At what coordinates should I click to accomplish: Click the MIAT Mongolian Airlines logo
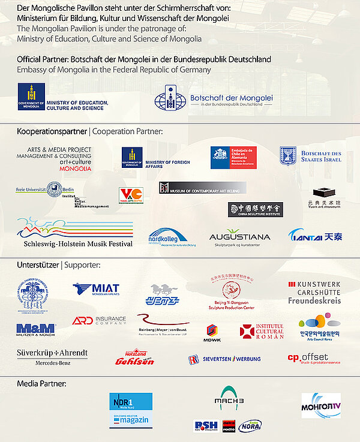pos(96,290)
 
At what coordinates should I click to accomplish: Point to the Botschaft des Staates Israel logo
pos(310,157)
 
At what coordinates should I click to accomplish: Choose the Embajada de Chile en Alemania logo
pos(234,157)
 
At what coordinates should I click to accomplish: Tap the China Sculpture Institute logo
pos(255,209)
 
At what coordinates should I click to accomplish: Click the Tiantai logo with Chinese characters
pos(315,236)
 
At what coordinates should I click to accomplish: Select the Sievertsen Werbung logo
pos(224,359)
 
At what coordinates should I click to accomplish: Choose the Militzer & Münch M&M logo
pos(36,328)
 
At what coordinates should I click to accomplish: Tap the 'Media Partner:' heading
pos(41,383)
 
